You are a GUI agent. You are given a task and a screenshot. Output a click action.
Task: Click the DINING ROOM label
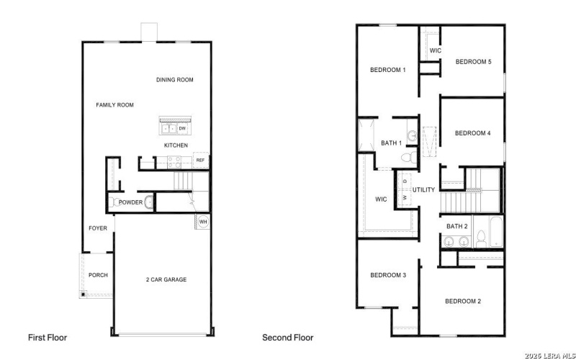[x=174, y=80]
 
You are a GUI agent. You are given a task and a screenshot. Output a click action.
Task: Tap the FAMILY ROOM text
[x=115, y=105]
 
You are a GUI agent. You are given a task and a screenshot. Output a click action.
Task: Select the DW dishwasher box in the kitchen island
[x=182, y=128]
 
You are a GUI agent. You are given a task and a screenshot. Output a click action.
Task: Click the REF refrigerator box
[x=200, y=160]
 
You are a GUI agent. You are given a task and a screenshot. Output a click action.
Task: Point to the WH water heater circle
[x=202, y=222]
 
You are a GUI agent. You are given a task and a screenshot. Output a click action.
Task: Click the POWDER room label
[x=130, y=202]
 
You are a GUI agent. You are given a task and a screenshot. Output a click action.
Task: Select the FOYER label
[x=98, y=228]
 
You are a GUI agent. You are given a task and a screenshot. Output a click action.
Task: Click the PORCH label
[x=98, y=275]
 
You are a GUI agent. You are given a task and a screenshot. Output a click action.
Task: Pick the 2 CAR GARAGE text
[x=166, y=279]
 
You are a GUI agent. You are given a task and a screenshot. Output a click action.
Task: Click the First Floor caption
[x=48, y=337]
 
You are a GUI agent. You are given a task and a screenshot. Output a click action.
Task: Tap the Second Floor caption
[x=288, y=337]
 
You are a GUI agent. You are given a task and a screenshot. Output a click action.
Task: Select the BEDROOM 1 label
[x=388, y=70]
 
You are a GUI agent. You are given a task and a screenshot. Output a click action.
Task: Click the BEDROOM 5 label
[x=473, y=62]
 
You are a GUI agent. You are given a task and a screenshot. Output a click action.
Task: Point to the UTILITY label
[x=423, y=190]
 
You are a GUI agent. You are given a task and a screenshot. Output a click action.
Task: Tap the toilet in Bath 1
[x=406, y=156]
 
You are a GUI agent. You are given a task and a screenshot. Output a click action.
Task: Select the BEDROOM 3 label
[x=388, y=275]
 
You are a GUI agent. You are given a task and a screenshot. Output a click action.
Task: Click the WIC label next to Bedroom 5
[x=435, y=50]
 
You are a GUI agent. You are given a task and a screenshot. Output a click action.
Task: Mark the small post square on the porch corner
[x=84, y=294]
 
